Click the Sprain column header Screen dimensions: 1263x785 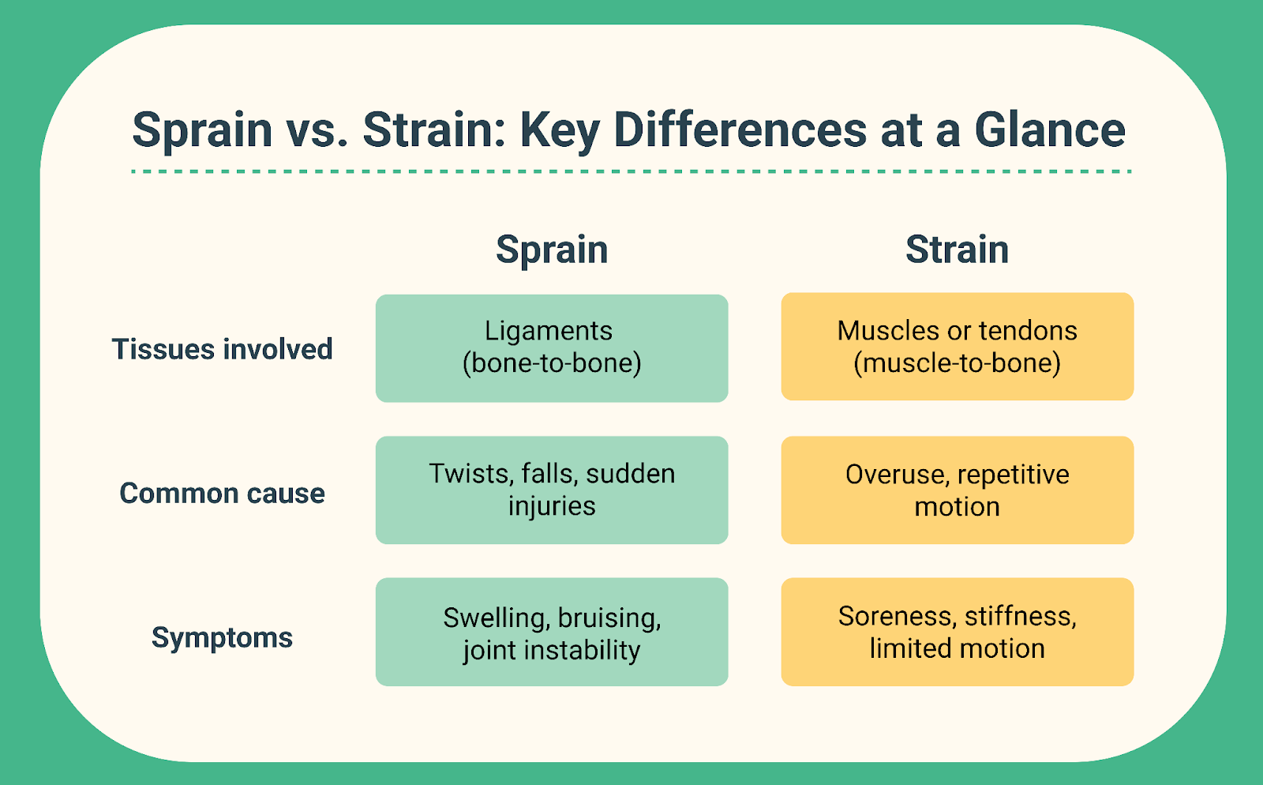pyautogui.click(x=552, y=250)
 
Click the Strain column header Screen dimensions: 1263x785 pyautogui.click(x=957, y=250)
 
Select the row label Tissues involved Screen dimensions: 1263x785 pyautogui.click(x=222, y=348)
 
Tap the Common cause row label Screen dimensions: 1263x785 pyautogui.click(x=222, y=493)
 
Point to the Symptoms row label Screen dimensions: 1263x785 pyautogui.click(x=222, y=638)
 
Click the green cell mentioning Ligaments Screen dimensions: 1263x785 pyautogui.click(x=552, y=348)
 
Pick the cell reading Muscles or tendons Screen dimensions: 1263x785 pyautogui.click(x=957, y=346)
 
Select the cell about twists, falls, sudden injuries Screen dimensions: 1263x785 pyautogui.click(x=552, y=490)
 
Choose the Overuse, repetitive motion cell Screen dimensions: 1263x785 pyautogui.click(x=957, y=490)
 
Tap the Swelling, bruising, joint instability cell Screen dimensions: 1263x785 pyautogui.click(x=552, y=632)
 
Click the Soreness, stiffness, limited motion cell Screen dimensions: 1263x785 pyautogui.click(x=957, y=632)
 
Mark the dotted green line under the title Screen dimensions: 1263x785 pyautogui.click(x=631, y=171)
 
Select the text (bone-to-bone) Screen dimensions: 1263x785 pyautogui.click(x=552, y=362)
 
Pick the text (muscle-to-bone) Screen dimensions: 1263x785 pyautogui.click(x=957, y=362)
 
